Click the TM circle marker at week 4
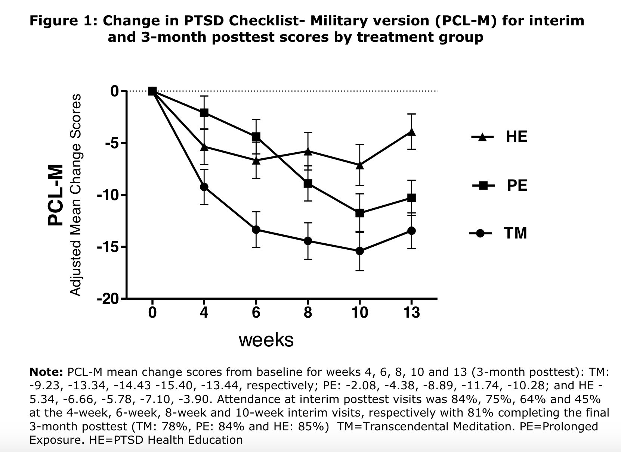(204, 187)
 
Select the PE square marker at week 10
(359, 213)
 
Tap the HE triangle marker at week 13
(411, 132)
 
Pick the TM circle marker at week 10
(359, 251)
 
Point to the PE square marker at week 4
(204, 113)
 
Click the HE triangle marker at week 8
(308, 151)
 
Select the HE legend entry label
(516, 137)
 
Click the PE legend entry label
(517, 185)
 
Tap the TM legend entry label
(516, 233)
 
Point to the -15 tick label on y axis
(108, 247)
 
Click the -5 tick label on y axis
(111, 143)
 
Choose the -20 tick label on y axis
(108, 299)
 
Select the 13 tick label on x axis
(411, 312)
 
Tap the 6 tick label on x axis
(256, 312)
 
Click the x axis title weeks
(266, 340)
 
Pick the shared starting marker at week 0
(152, 91)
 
